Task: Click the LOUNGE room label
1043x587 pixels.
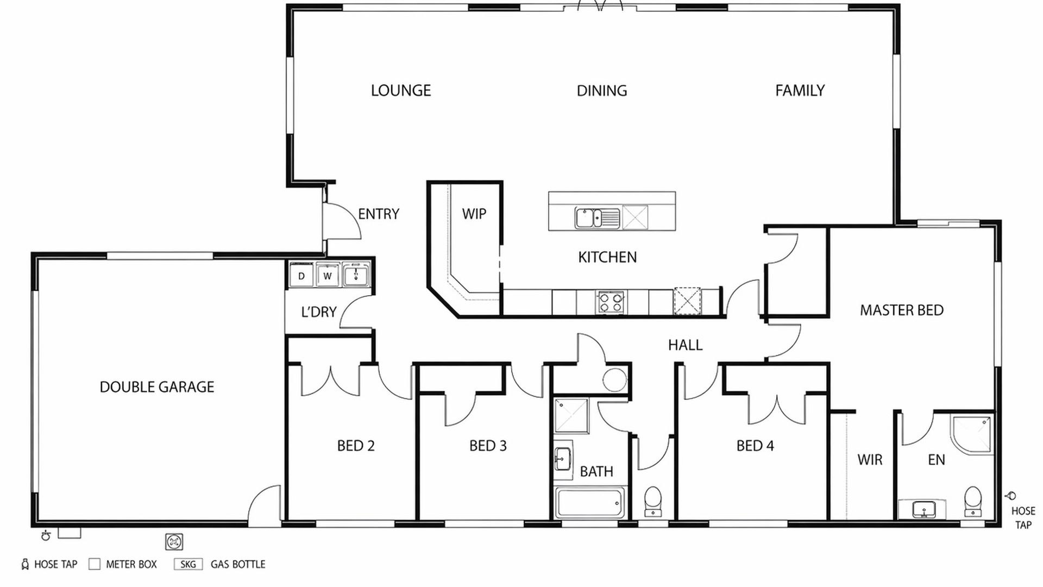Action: (401, 90)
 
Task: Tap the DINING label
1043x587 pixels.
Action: (602, 90)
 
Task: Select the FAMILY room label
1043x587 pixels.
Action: (800, 90)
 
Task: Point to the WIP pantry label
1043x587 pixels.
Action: (474, 214)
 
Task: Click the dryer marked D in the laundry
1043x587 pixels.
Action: (301, 276)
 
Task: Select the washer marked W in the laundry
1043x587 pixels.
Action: (328, 276)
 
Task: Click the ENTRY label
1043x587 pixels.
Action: (379, 214)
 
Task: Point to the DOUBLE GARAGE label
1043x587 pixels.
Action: (157, 387)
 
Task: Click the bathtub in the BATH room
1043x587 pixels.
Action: (590, 503)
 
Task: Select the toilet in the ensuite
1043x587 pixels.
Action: (973, 501)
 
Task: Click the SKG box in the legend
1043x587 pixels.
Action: (188, 564)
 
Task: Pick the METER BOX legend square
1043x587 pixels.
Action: (95, 564)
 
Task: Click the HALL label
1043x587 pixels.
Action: (686, 345)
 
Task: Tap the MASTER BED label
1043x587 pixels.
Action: (902, 310)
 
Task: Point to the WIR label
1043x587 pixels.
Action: (870, 460)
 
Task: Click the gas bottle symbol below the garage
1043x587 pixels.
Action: (174, 542)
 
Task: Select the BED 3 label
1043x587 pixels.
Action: (488, 446)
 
